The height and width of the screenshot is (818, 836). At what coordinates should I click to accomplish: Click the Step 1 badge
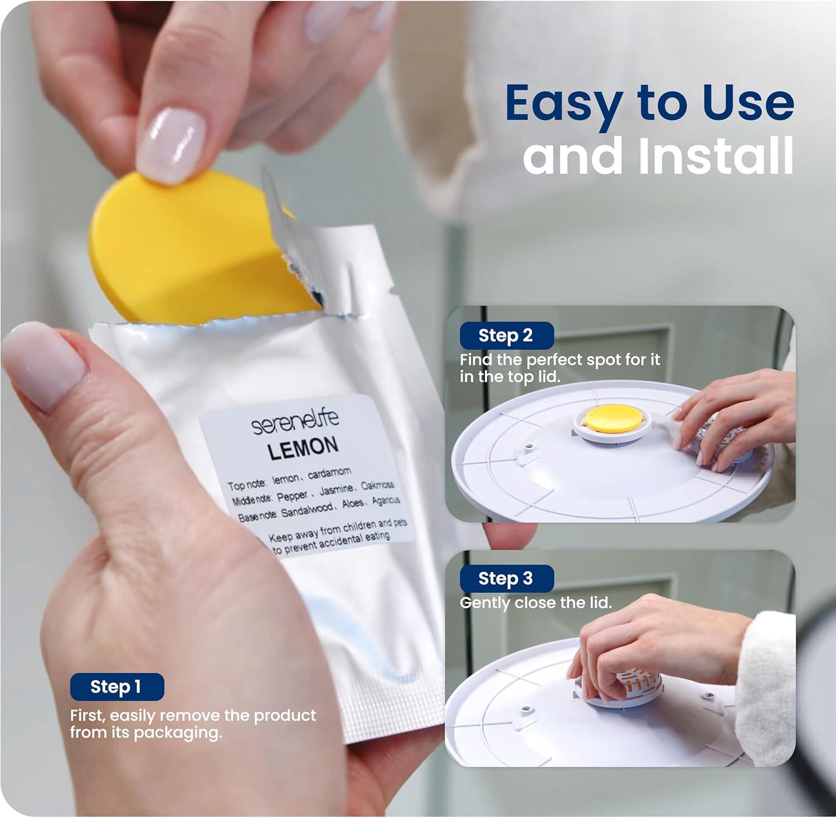[117, 686]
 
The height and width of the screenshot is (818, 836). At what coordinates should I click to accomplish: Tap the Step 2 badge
[506, 335]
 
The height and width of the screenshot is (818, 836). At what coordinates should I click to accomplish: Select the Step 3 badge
[506, 578]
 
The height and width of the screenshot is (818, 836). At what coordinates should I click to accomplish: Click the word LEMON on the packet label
[303, 448]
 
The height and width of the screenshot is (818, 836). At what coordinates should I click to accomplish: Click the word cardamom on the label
[330, 474]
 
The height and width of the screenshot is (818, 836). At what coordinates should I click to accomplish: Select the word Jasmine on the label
[337, 490]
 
